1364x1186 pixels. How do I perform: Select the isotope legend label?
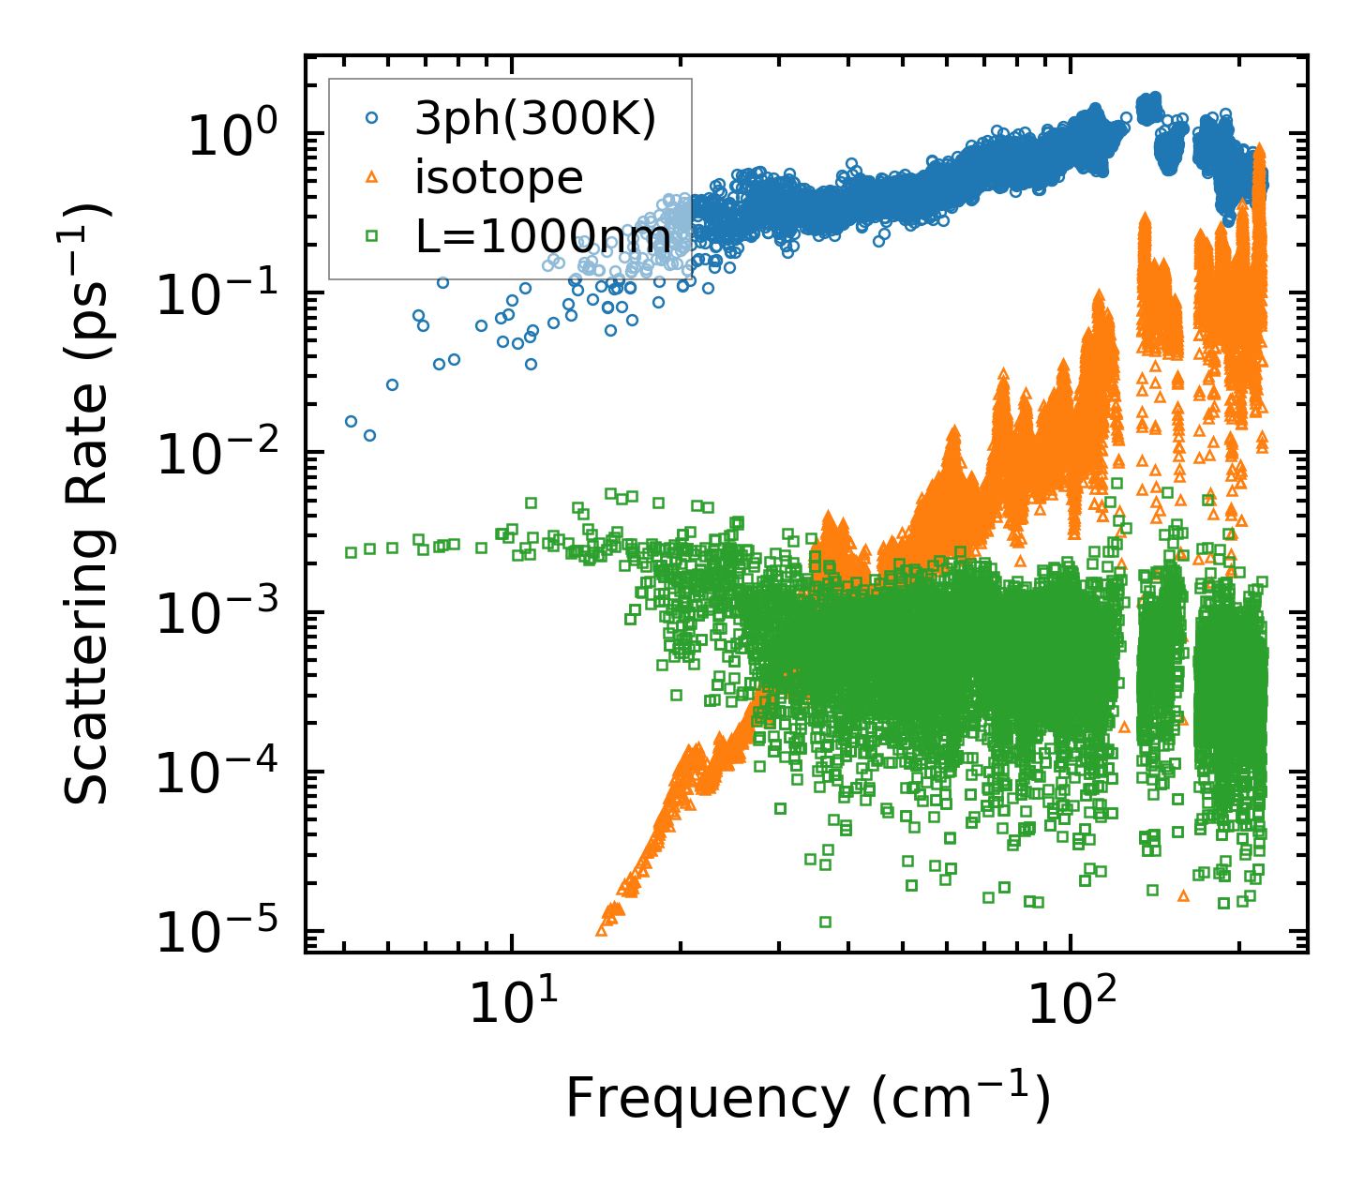[x=499, y=177]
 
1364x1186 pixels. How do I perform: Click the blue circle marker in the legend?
[x=372, y=118]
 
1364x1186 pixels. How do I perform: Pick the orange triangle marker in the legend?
[x=372, y=177]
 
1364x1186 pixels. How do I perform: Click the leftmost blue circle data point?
[x=351, y=421]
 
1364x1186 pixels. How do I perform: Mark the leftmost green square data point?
[x=351, y=552]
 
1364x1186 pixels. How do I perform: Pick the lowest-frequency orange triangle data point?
[x=601, y=931]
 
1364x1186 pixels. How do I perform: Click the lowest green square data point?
[x=825, y=922]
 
